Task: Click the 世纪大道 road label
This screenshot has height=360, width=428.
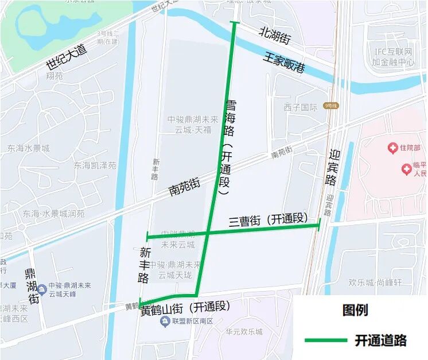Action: [x=66, y=58]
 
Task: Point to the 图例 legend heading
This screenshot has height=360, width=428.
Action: [x=356, y=310]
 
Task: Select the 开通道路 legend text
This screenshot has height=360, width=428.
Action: [x=381, y=340]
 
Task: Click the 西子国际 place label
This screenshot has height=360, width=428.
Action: [x=300, y=107]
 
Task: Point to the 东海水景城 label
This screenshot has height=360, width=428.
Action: [x=29, y=148]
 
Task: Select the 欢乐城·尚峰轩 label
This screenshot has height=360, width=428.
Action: [x=376, y=282]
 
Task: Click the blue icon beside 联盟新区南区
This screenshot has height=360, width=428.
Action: [x=165, y=320]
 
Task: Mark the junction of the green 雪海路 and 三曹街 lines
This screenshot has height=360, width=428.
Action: [x=208, y=233]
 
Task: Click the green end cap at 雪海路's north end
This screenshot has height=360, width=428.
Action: [x=233, y=23]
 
